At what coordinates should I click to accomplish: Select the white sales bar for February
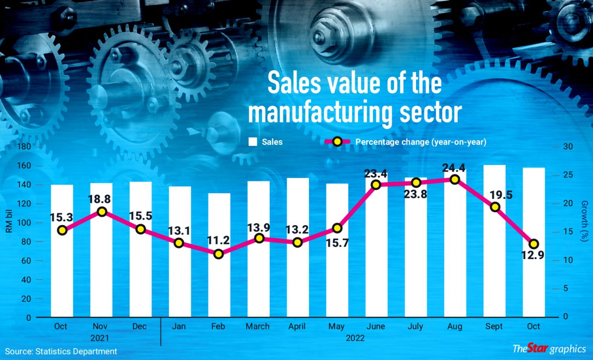(x=219, y=277)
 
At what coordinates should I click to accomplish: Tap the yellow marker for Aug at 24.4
(x=455, y=179)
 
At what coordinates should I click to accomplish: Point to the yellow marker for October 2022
(x=534, y=244)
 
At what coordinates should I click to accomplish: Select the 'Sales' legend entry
(x=272, y=142)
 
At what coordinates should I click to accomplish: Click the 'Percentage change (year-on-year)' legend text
(x=420, y=142)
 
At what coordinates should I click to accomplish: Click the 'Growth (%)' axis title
(x=584, y=220)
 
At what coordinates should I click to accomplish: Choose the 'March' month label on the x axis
(x=258, y=327)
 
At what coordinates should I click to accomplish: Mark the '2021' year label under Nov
(x=101, y=338)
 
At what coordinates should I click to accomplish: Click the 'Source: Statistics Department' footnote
(x=61, y=351)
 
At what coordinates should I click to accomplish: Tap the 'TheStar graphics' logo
(x=549, y=349)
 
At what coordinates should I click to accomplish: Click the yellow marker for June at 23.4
(x=376, y=185)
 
